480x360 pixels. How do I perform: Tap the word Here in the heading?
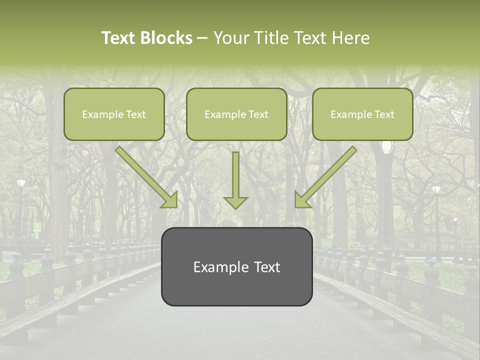(350, 38)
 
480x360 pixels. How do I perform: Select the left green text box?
(114, 114)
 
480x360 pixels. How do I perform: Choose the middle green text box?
(236, 114)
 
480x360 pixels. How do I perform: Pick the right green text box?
(362, 114)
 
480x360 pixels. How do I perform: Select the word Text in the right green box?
(384, 114)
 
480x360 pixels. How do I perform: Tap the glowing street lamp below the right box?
(386, 147)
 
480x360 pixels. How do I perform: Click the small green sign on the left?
(37, 226)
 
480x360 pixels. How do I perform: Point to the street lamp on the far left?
(20, 183)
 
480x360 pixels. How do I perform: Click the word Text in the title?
(120, 38)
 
